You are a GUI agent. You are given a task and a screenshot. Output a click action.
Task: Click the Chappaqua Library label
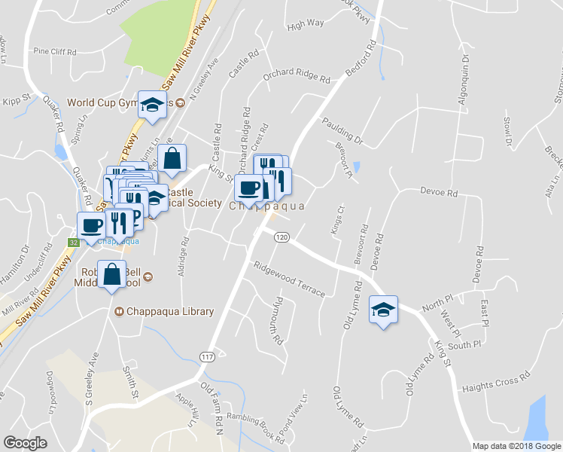tap(170, 311)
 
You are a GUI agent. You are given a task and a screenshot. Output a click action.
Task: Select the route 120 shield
tap(281, 237)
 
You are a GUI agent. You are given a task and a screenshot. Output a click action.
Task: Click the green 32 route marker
tap(73, 242)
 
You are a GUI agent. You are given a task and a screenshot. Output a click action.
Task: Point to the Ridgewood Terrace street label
tap(289, 279)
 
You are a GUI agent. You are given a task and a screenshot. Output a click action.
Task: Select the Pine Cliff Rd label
tap(55, 52)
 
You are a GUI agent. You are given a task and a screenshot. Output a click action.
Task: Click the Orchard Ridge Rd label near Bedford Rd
tap(296, 78)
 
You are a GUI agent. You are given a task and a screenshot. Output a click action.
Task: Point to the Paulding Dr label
tap(342, 130)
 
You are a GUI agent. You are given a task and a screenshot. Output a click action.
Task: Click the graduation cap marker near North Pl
tap(383, 310)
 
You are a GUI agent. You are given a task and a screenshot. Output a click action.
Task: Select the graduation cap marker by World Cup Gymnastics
tap(153, 105)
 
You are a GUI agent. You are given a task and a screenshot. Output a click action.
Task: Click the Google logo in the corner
tap(25, 442)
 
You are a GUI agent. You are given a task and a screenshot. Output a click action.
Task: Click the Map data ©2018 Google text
tap(516, 446)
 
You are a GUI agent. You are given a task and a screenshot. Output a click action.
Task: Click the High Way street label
tap(306, 23)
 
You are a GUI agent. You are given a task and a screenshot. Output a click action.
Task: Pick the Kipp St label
tap(15, 101)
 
